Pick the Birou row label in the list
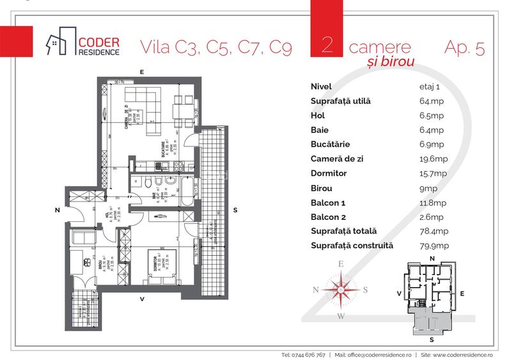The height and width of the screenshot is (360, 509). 321,188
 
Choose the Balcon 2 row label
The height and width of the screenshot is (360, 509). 329,217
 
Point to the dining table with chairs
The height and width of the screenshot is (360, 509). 184,107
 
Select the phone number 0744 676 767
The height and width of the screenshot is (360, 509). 303,354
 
